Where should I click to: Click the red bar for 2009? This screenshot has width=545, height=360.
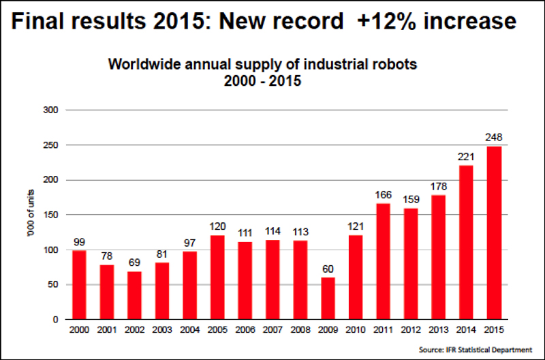pos(328,298)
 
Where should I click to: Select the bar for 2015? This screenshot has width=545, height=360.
pos(495,232)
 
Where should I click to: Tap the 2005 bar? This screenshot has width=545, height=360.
pos(218,277)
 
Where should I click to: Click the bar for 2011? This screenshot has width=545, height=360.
pos(384,261)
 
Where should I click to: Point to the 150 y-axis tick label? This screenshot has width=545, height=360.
pos(51,215)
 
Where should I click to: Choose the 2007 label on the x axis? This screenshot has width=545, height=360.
pos(273,330)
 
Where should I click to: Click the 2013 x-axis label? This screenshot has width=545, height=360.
pos(439,330)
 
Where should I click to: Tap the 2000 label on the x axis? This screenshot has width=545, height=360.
pos(79,330)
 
